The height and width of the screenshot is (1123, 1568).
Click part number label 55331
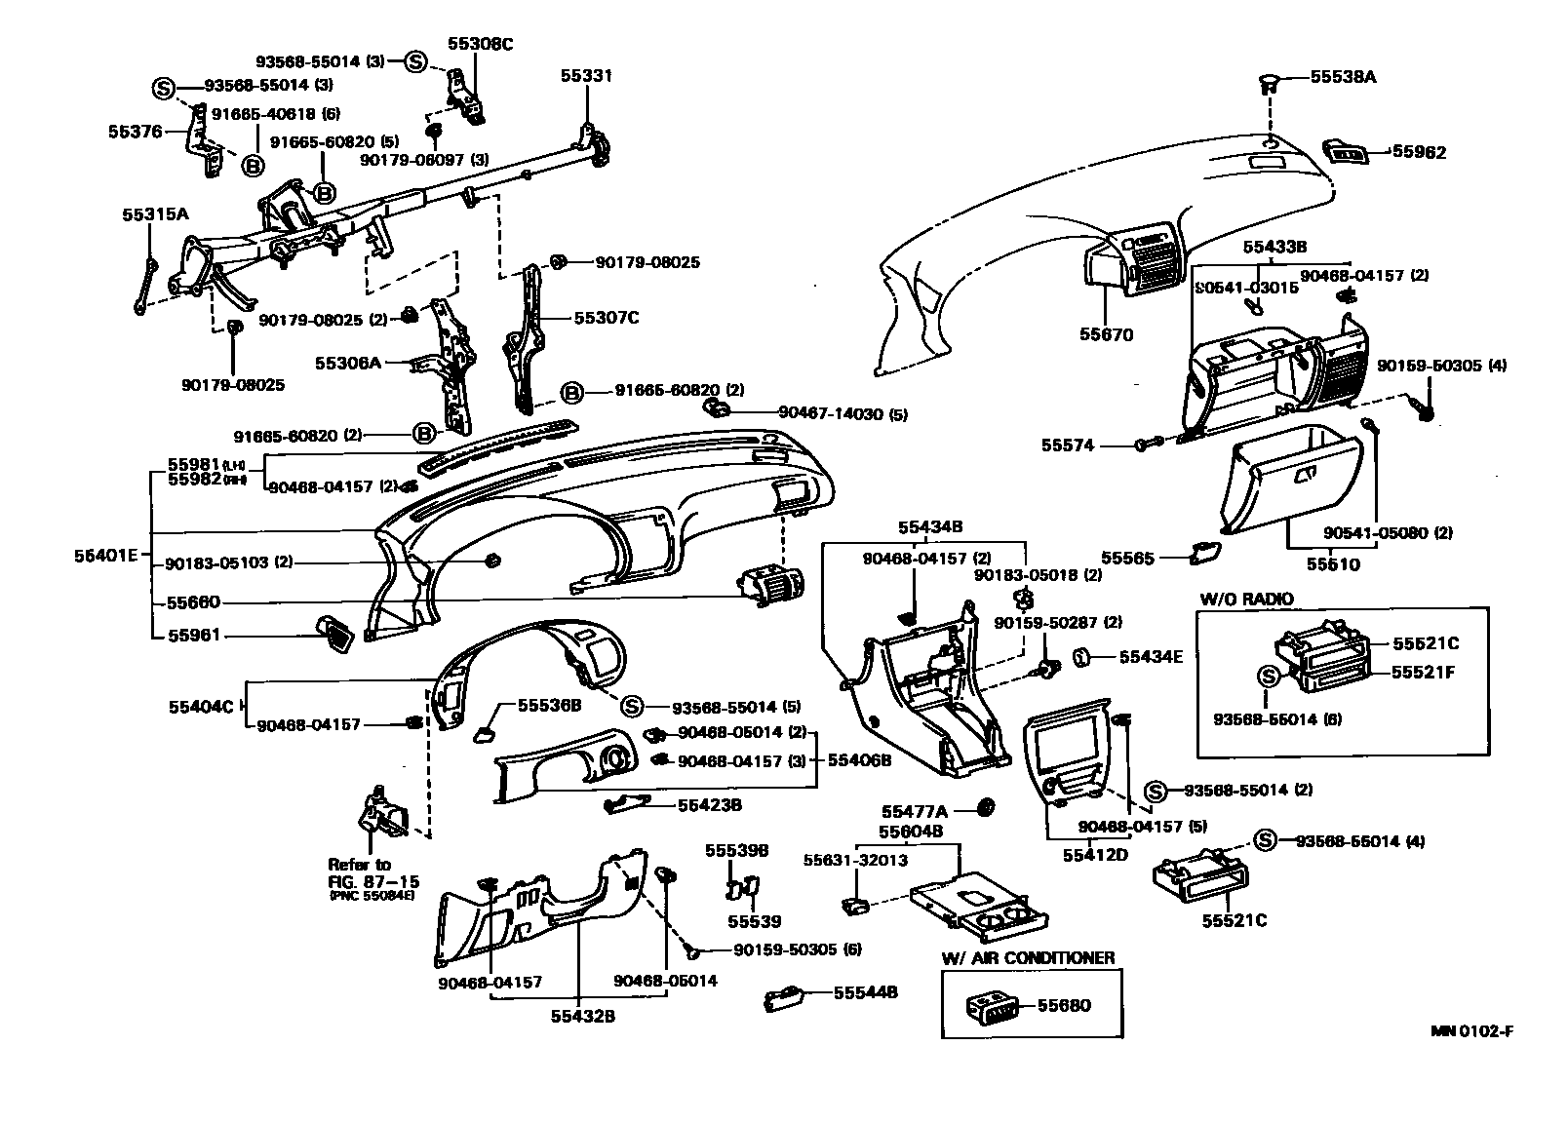(586, 75)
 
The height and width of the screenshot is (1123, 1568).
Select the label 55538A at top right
(1343, 76)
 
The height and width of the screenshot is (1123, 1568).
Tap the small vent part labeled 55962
(1347, 151)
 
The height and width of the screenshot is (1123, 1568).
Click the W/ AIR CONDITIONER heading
(1028, 958)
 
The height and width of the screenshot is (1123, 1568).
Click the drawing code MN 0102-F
(1472, 1032)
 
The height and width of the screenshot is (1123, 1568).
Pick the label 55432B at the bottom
(582, 1016)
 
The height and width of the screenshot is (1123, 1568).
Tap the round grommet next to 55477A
(985, 807)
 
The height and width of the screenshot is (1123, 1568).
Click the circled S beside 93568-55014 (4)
(1264, 840)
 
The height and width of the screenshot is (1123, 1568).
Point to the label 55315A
(155, 214)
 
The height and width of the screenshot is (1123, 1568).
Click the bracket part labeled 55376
(203, 141)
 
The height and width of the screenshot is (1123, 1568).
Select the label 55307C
(606, 318)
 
